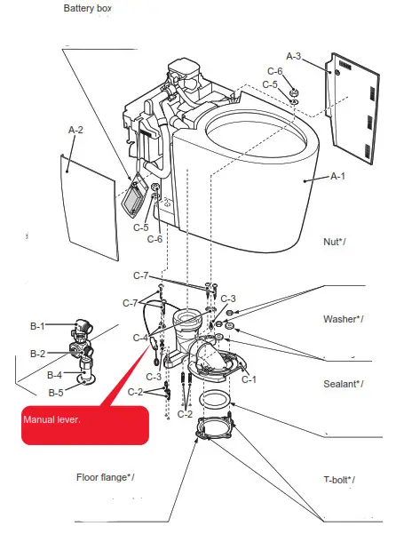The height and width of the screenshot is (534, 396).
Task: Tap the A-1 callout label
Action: pos(337,177)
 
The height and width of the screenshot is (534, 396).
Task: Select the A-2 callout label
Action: pos(75,130)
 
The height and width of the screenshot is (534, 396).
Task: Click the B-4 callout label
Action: pos(55,374)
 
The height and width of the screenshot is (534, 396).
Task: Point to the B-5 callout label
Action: pos(55,392)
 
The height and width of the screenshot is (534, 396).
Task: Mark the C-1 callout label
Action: pos(249,379)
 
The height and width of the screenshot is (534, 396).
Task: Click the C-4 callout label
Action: pos(139,338)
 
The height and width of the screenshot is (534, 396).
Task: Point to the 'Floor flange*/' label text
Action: pos(105,477)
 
